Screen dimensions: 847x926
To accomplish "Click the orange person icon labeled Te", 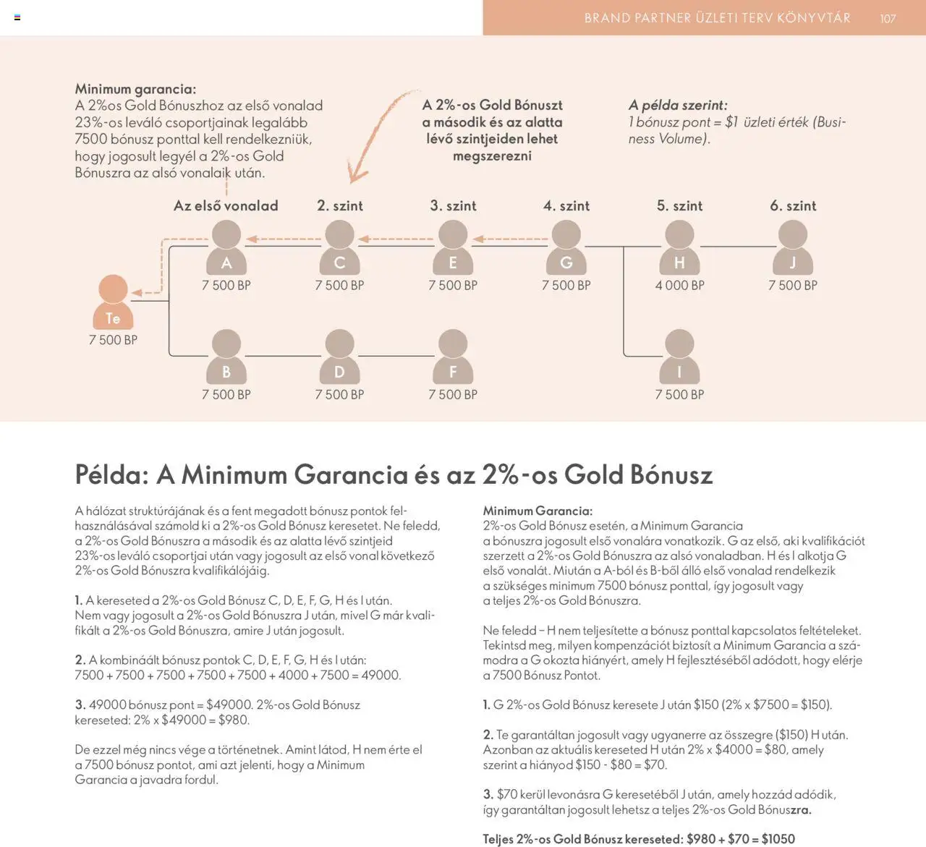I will pyautogui.click(x=112, y=302).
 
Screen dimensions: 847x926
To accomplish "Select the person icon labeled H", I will pyautogui.click(x=679, y=247).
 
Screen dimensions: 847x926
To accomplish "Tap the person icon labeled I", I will pyautogui.click(x=679, y=357).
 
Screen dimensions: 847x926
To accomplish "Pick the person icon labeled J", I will pyautogui.click(x=792, y=247).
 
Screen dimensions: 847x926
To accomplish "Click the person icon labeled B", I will pyautogui.click(x=226, y=357).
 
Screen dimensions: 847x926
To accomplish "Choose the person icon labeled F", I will pyautogui.click(x=453, y=357).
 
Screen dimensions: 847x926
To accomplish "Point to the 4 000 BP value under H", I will pyautogui.click(x=679, y=286).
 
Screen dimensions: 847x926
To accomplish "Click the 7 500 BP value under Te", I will pyautogui.click(x=113, y=340).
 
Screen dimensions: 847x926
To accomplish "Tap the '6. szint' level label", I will pyautogui.click(x=793, y=206).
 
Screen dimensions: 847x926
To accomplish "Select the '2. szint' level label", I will pyautogui.click(x=340, y=206).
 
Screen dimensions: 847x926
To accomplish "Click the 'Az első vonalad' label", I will pyautogui.click(x=226, y=206).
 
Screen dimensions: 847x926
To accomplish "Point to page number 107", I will pyautogui.click(x=888, y=19).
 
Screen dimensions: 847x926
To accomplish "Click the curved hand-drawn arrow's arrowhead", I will pyautogui.click(x=356, y=174).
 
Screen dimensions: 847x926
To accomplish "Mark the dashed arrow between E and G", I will pyautogui.click(x=510, y=239).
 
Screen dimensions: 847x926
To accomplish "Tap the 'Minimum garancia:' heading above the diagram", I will pyautogui.click(x=135, y=89).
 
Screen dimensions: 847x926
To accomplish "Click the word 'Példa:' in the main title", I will pyautogui.click(x=111, y=475).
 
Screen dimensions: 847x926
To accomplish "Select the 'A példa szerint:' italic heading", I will pyautogui.click(x=678, y=105).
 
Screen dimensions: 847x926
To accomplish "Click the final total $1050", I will pyautogui.click(x=778, y=839).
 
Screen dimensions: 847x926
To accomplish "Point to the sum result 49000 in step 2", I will pyautogui.click(x=381, y=675).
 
